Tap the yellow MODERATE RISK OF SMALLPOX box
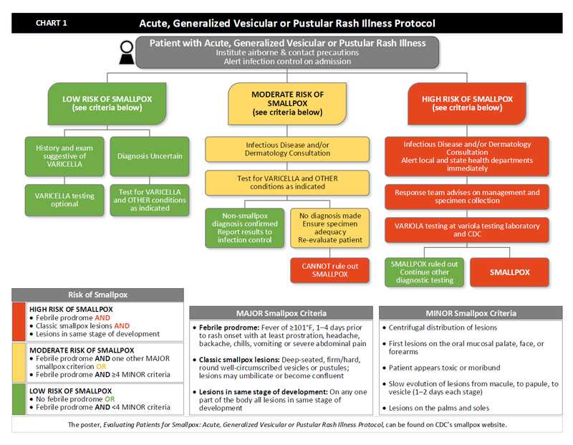click(x=287, y=103)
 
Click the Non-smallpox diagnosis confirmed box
click(x=245, y=227)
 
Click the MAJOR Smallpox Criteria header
click(x=281, y=313)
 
